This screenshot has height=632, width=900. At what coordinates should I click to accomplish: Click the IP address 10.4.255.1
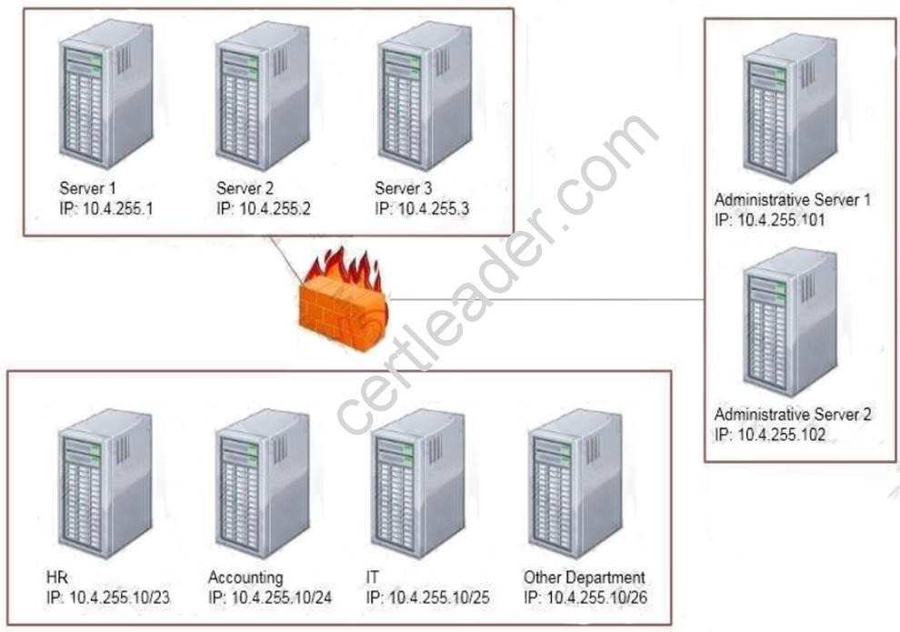coord(118,209)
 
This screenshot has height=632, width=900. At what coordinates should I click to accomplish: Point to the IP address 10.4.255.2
coord(275,209)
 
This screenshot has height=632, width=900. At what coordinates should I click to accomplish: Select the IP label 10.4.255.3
coord(435,209)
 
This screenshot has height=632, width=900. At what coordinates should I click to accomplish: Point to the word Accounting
coord(245,578)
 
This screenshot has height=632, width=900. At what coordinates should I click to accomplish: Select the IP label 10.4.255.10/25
coord(438,597)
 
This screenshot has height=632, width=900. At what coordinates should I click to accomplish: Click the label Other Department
coord(584,578)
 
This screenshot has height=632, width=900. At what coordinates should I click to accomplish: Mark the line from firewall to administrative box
coord(545,299)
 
